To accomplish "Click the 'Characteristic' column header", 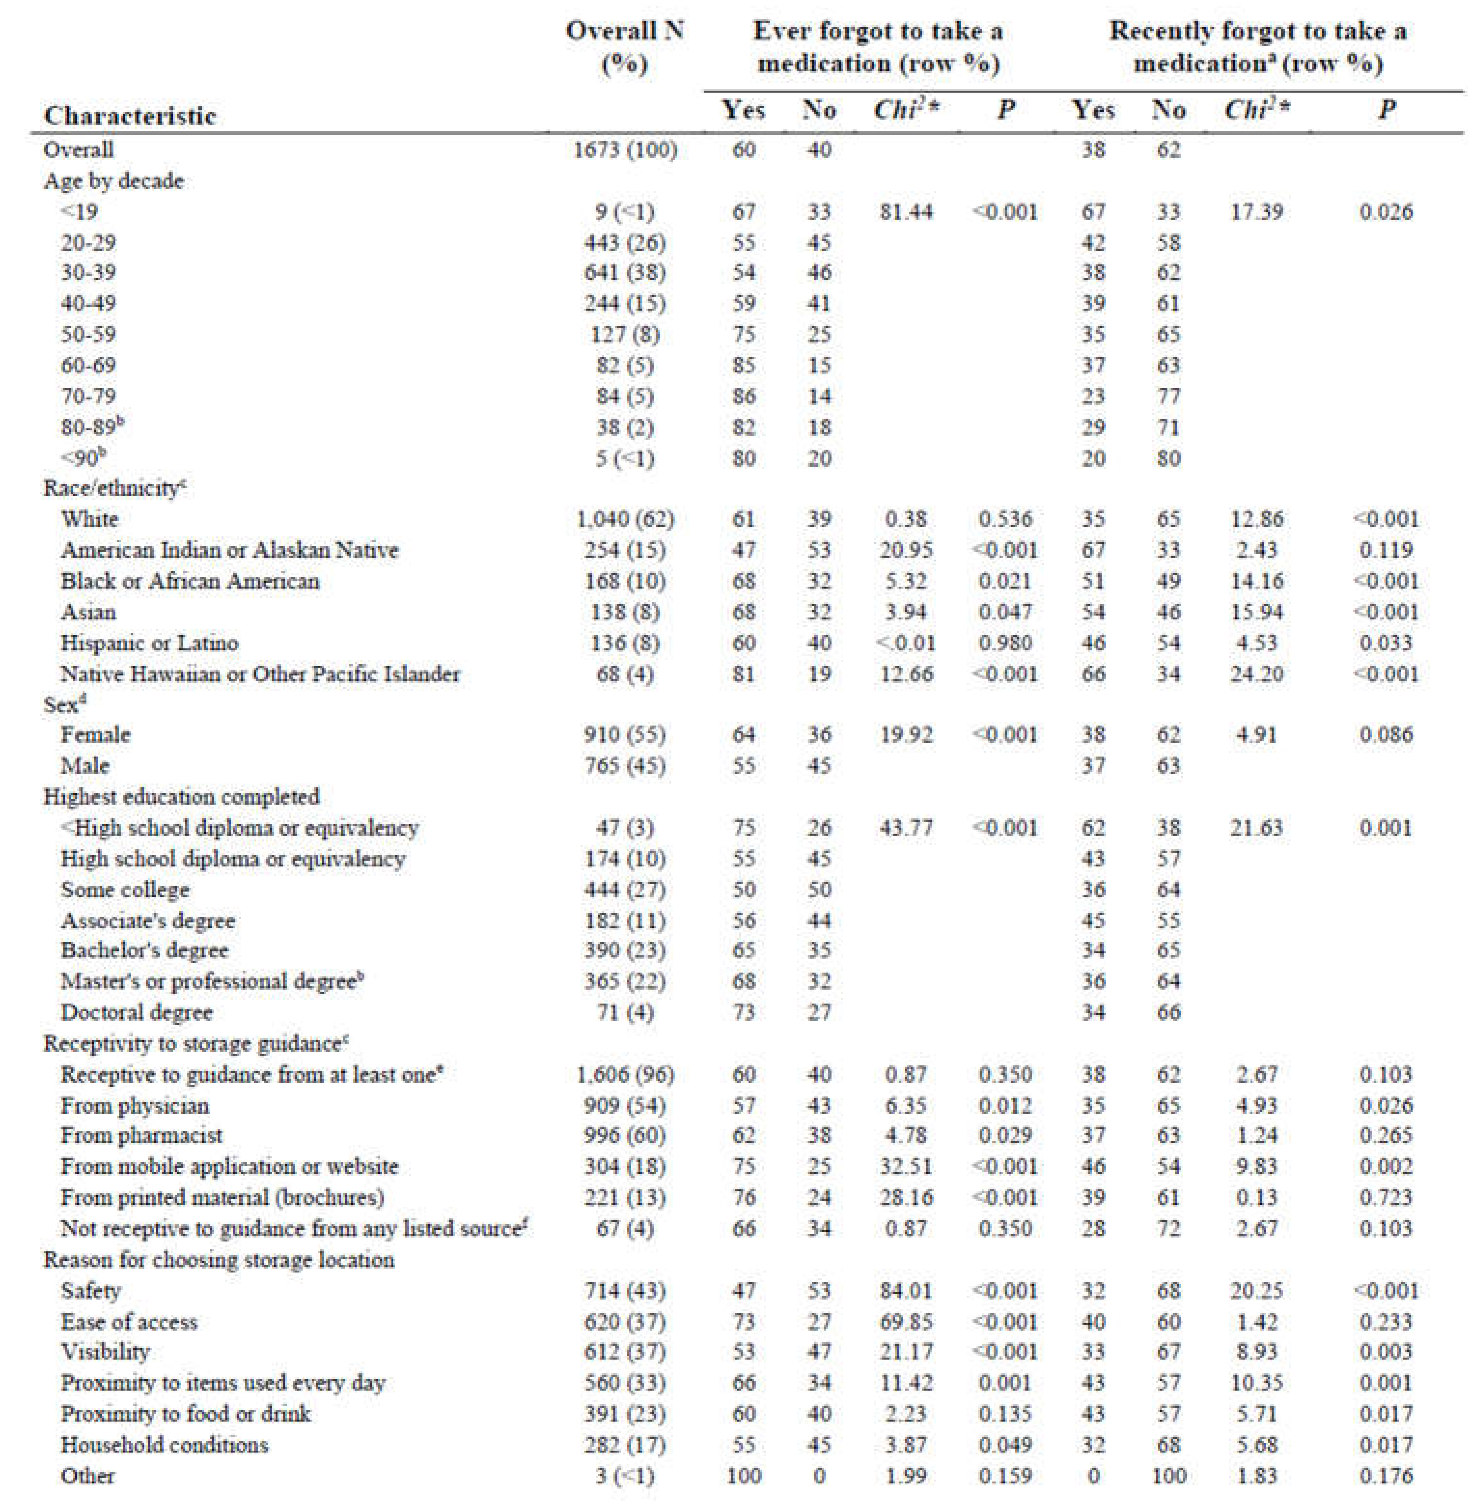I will pos(129,115).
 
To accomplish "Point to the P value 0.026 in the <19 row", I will pos(1386,211).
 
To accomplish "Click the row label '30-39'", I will pos(88,272).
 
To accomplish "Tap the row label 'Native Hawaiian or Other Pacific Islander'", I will pos(260,674).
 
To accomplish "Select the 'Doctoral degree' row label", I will pos(136,1012).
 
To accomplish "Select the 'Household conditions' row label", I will pos(164,1445).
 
